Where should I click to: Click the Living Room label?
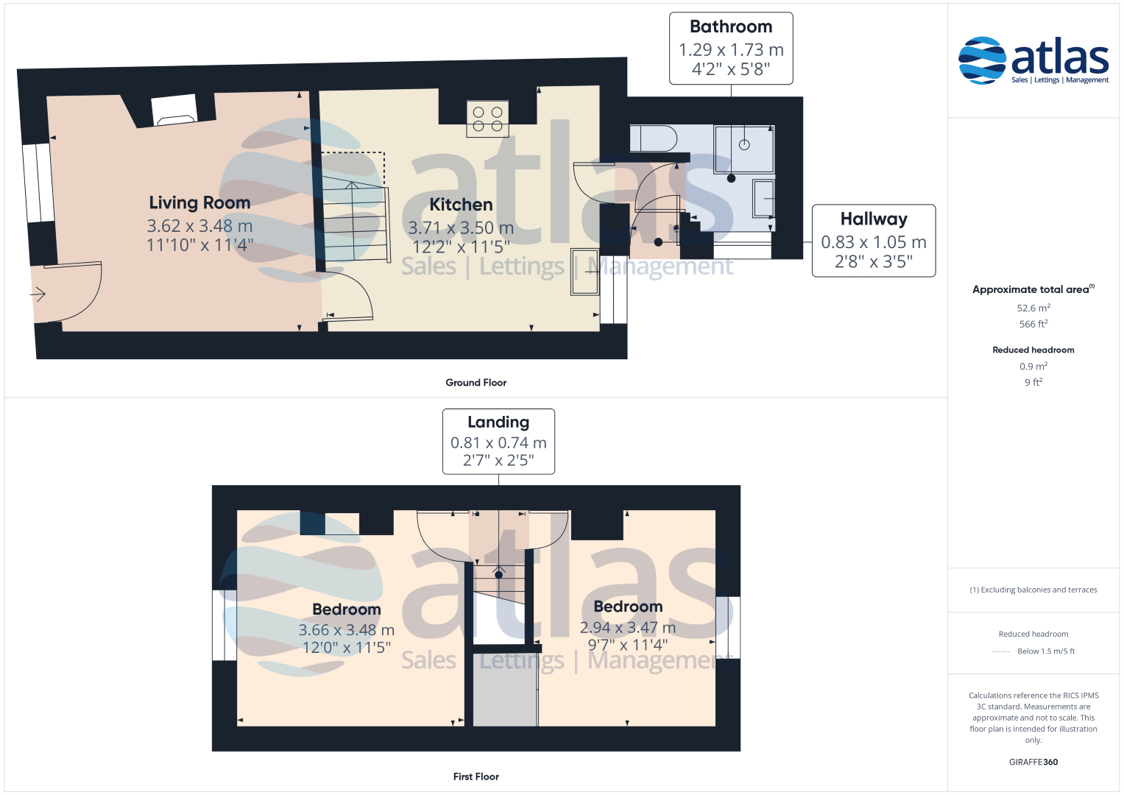coord(199,202)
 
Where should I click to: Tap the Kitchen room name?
coord(461,205)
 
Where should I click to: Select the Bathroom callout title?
coord(731,26)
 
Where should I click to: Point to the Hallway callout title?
coord(874,219)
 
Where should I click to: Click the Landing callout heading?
coord(498,422)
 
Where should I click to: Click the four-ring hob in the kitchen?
coord(487,119)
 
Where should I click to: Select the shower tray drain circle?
coord(744,144)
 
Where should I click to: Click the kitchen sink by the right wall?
coord(584,272)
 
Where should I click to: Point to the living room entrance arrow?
coord(38,294)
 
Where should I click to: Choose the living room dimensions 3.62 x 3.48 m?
coord(199,226)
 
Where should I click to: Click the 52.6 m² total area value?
coord(1033,308)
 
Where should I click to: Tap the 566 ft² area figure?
coord(1033,324)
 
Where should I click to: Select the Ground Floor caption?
coord(476,383)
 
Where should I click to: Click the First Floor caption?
coord(476,777)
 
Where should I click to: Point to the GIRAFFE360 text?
coord(1033,762)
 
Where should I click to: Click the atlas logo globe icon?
coord(982,60)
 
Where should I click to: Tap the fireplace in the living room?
coord(174,110)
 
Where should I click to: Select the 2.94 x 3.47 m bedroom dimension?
coord(628,627)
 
